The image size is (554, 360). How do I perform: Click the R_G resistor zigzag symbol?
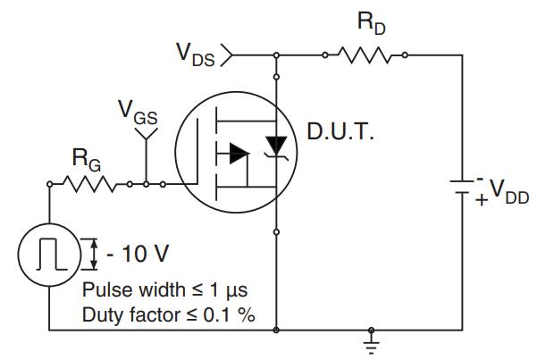pos(88,185)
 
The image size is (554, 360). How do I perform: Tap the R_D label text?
pos(367,25)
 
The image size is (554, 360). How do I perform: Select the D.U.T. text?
pos(340,136)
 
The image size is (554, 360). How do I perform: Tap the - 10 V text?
pos(137,254)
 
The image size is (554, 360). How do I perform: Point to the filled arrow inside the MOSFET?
pos(238,154)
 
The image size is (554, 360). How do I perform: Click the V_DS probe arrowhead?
pos(227,55)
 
